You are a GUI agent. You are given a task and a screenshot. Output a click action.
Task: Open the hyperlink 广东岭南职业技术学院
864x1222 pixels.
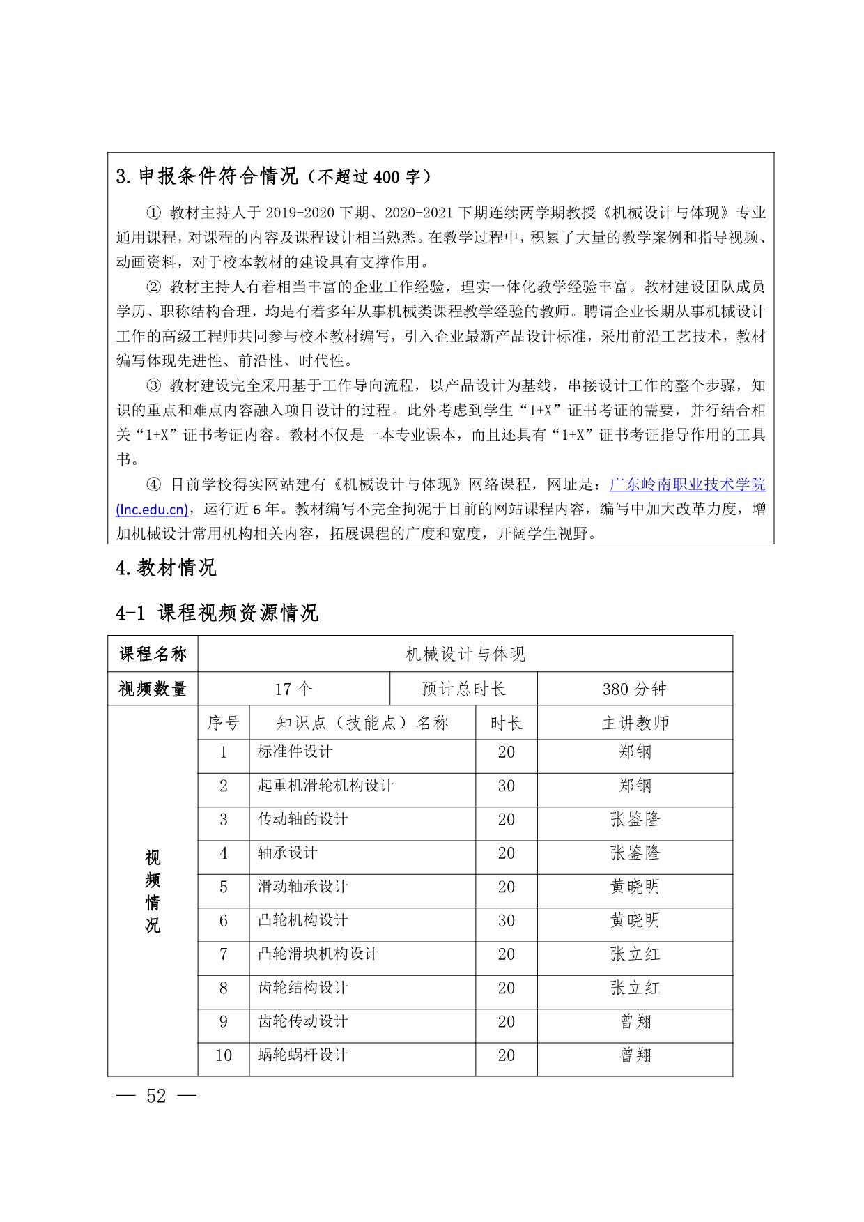click(687, 484)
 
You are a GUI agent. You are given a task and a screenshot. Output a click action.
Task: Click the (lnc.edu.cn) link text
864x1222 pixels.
click(152, 510)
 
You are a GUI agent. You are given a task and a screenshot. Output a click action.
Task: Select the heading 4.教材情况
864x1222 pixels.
click(166, 568)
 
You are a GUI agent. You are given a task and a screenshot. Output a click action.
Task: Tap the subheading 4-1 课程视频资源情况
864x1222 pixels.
click(217, 613)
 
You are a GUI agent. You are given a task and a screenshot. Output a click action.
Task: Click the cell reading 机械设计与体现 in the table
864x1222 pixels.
click(465, 654)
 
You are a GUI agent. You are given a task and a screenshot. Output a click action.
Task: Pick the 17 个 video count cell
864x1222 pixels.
click(293, 689)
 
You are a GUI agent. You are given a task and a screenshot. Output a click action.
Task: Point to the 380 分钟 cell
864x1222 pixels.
click(634, 689)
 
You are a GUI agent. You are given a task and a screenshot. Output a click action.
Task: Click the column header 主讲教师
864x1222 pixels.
click(635, 723)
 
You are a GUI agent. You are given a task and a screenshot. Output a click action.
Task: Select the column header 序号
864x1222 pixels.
click(223, 723)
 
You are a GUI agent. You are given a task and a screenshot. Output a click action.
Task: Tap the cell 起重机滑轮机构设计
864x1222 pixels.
click(325, 786)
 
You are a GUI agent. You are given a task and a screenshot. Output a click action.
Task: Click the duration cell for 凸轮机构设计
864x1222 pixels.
click(506, 921)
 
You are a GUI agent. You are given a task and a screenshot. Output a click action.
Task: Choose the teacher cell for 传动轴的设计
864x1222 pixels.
click(635, 820)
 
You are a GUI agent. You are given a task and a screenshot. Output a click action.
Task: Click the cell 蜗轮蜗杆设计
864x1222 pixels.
click(302, 1055)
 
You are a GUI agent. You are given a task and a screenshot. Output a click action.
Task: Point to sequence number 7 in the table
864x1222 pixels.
click(223, 954)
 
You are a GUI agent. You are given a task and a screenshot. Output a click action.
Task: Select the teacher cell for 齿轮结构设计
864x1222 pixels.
click(635, 988)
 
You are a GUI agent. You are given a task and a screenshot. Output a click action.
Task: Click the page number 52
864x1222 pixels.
click(156, 1097)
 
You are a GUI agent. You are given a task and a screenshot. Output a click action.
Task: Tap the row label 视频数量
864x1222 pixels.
click(153, 689)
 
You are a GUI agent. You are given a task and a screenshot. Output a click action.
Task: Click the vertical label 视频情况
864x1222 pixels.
click(153, 891)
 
